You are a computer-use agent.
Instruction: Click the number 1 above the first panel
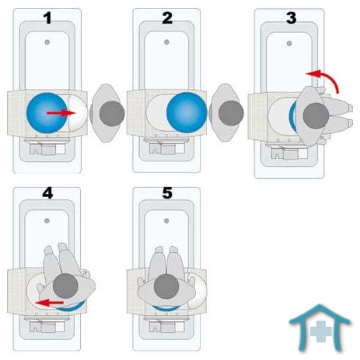click(46, 18)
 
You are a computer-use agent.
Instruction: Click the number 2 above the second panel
click(167, 18)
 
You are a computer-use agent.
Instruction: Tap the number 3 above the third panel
click(291, 18)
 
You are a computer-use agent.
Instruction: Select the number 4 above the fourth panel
click(46, 194)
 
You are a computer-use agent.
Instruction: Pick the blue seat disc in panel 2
click(186, 112)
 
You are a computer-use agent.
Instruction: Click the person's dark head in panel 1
click(111, 112)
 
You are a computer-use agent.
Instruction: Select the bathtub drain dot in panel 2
click(167, 41)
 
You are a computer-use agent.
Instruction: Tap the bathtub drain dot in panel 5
click(167, 220)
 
